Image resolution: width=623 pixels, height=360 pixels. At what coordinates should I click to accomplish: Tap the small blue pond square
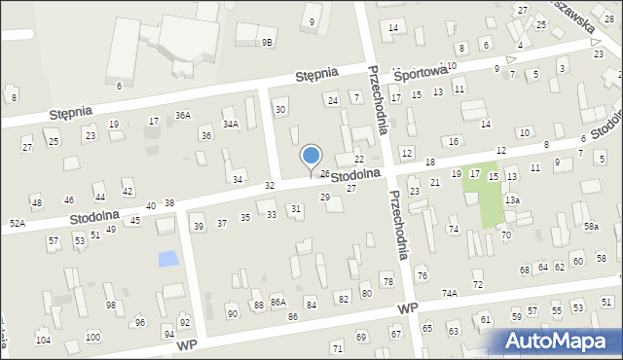pyautogui.click(x=168, y=259)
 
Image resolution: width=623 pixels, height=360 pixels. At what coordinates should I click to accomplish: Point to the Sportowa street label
pyautogui.click(x=425, y=70)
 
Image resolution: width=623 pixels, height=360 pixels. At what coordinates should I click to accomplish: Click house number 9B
pyautogui.click(x=267, y=42)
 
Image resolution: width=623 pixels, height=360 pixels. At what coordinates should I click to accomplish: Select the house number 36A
pyautogui.click(x=182, y=115)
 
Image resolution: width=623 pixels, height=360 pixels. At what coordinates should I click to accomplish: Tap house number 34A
pyautogui.click(x=230, y=124)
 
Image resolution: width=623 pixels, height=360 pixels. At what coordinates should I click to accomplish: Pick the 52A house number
pyautogui.click(x=18, y=223)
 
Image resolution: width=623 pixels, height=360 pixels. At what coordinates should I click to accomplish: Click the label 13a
pyautogui.click(x=512, y=199)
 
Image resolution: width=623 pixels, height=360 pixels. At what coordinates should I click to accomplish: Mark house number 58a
pyautogui.click(x=591, y=226)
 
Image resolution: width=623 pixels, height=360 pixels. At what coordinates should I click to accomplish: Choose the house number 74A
pyautogui.click(x=449, y=293)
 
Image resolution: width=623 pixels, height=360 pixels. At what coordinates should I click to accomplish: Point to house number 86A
pyautogui.click(x=277, y=303)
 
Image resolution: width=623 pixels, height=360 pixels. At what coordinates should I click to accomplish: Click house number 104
pyautogui.click(x=43, y=340)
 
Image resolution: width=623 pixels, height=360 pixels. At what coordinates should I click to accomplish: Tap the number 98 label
pyautogui.click(x=111, y=306)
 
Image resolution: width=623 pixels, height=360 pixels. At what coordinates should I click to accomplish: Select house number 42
pyautogui.click(x=128, y=192)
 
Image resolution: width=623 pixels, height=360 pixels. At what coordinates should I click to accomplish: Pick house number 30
pyautogui.click(x=280, y=109)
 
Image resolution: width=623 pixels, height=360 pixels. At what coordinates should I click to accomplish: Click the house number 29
pyautogui.click(x=325, y=198)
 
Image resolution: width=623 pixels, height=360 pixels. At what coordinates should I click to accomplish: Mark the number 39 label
pyautogui.click(x=199, y=226)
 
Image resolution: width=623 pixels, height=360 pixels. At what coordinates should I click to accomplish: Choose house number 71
pyautogui.click(x=337, y=347)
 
